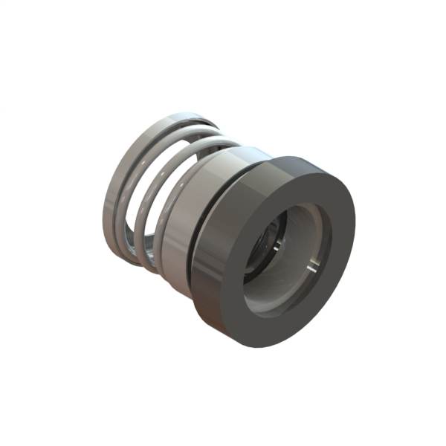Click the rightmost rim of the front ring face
coord(355,223)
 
